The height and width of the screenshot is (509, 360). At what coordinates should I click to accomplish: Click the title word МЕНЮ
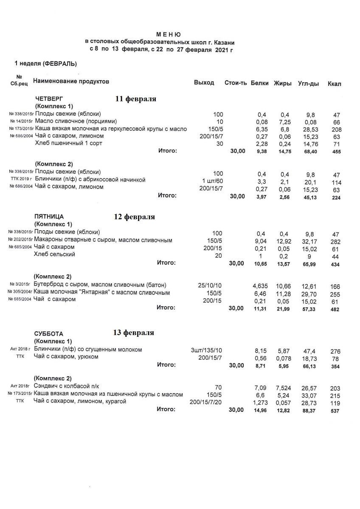click(x=169, y=34)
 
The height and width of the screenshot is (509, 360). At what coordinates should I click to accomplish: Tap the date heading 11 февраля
click(x=136, y=99)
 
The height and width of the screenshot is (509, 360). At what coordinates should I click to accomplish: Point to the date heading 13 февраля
click(x=133, y=332)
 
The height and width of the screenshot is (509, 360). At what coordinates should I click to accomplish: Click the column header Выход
click(x=204, y=83)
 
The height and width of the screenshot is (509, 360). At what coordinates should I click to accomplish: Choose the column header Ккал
click(x=335, y=84)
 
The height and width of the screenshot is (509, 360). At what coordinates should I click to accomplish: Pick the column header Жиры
click(x=283, y=83)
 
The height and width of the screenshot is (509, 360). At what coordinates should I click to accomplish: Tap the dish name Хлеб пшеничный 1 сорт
click(x=68, y=143)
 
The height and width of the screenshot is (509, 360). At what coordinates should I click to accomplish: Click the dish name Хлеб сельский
click(x=55, y=254)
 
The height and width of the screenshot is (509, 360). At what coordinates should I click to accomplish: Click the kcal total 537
click(x=335, y=410)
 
